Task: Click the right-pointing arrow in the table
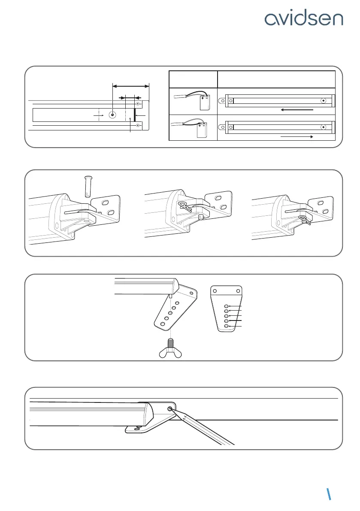pyautogui.click(x=296, y=136)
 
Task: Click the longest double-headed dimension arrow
pyautogui.click(x=130, y=86)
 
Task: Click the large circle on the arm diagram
pyautogui.click(x=112, y=115)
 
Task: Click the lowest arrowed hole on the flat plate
pyautogui.click(x=227, y=327)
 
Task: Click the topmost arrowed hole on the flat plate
pyautogui.click(x=227, y=305)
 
